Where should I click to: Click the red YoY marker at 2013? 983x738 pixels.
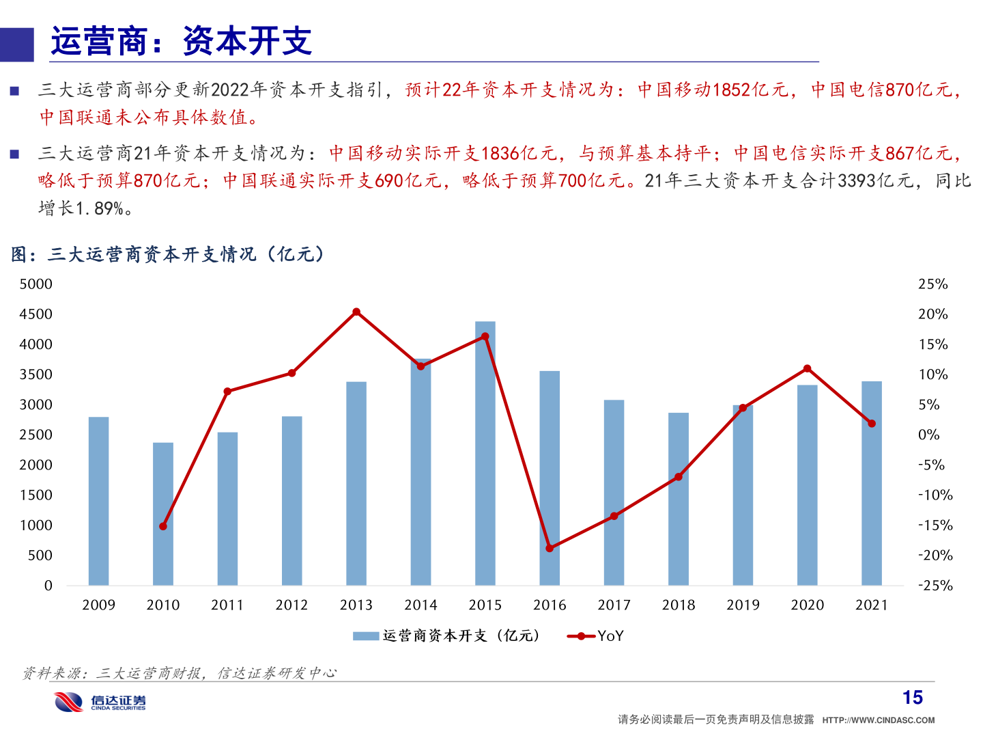point(356,312)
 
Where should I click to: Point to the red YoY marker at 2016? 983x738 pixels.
point(550,548)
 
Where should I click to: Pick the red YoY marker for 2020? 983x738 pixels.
point(808,369)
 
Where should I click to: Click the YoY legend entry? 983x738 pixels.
point(595,636)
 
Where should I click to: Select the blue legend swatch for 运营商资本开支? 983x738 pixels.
point(365,636)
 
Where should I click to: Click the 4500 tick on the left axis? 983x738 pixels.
point(36,314)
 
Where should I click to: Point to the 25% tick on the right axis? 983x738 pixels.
point(932,284)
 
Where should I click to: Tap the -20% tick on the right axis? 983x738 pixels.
point(935,556)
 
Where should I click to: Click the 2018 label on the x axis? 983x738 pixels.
point(679,605)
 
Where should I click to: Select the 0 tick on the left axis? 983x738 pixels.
point(48,586)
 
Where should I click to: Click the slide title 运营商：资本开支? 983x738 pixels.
point(182,42)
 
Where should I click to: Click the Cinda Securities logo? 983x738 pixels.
point(100,702)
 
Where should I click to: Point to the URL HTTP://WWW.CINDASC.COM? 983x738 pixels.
point(878,720)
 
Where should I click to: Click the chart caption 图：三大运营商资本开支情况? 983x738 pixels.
point(168,255)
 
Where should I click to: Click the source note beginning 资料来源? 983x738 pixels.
point(179,674)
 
